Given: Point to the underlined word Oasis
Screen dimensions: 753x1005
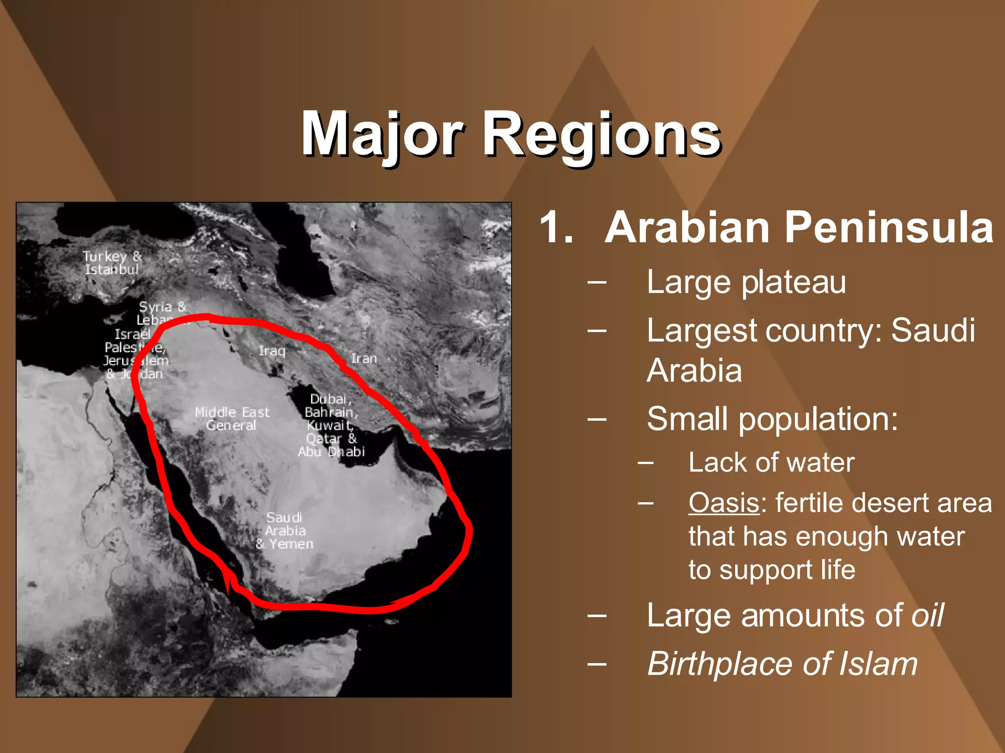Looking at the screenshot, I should click(724, 503).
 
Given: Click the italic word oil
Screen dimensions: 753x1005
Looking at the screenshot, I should click(927, 616).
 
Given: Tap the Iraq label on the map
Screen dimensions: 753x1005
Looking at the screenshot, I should click(272, 351).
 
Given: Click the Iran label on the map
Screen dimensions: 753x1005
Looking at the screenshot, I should click(364, 359).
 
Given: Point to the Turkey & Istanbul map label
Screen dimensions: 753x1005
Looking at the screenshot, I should click(112, 263).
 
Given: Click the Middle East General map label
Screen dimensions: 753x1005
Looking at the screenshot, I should click(232, 419).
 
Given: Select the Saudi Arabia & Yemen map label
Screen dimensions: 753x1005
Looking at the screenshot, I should click(285, 531).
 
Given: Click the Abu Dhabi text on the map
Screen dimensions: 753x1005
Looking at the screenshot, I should click(331, 452).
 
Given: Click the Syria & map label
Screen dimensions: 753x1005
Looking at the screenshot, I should click(162, 307).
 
